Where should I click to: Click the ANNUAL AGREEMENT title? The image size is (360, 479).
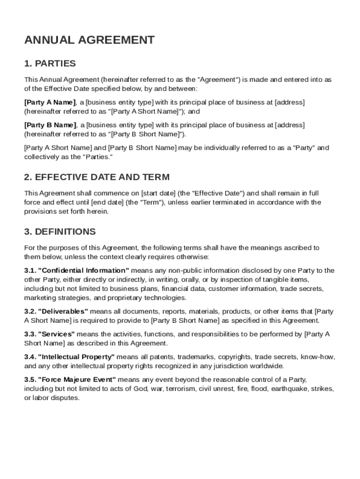[89, 40]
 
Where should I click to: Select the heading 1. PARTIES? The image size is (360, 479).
[50, 64]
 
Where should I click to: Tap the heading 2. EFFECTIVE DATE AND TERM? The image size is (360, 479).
[97, 177]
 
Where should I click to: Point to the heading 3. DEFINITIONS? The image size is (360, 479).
[60, 232]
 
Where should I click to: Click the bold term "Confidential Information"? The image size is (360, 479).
[84, 270]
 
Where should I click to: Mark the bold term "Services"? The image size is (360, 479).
[57, 334]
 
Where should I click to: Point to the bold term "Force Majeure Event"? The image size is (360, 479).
[78, 379]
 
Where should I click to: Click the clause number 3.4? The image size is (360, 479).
[30, 357]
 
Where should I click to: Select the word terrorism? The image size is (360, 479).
[182, 389]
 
